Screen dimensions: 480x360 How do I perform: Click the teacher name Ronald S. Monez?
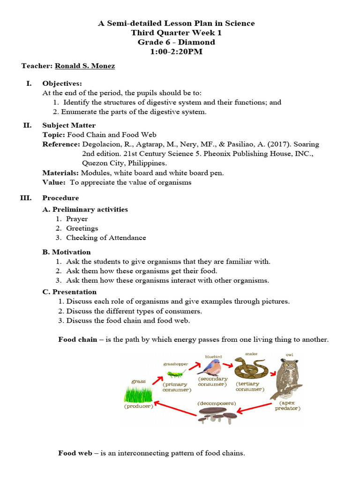point(84,66)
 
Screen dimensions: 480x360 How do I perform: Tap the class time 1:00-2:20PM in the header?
point(176,52)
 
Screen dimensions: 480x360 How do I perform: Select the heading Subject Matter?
point(69,125)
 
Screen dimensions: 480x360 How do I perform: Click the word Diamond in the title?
point(198,42)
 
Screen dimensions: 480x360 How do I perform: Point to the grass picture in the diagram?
point(138,394)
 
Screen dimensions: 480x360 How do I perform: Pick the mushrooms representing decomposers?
point(216,414)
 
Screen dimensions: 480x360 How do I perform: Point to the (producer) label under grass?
point(138,406)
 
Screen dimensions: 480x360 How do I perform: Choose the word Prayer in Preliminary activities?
point(77,219)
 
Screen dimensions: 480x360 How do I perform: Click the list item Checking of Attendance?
point(106,238)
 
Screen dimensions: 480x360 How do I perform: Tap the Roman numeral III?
point(25,198)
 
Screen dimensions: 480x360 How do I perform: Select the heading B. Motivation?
point(67,252)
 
